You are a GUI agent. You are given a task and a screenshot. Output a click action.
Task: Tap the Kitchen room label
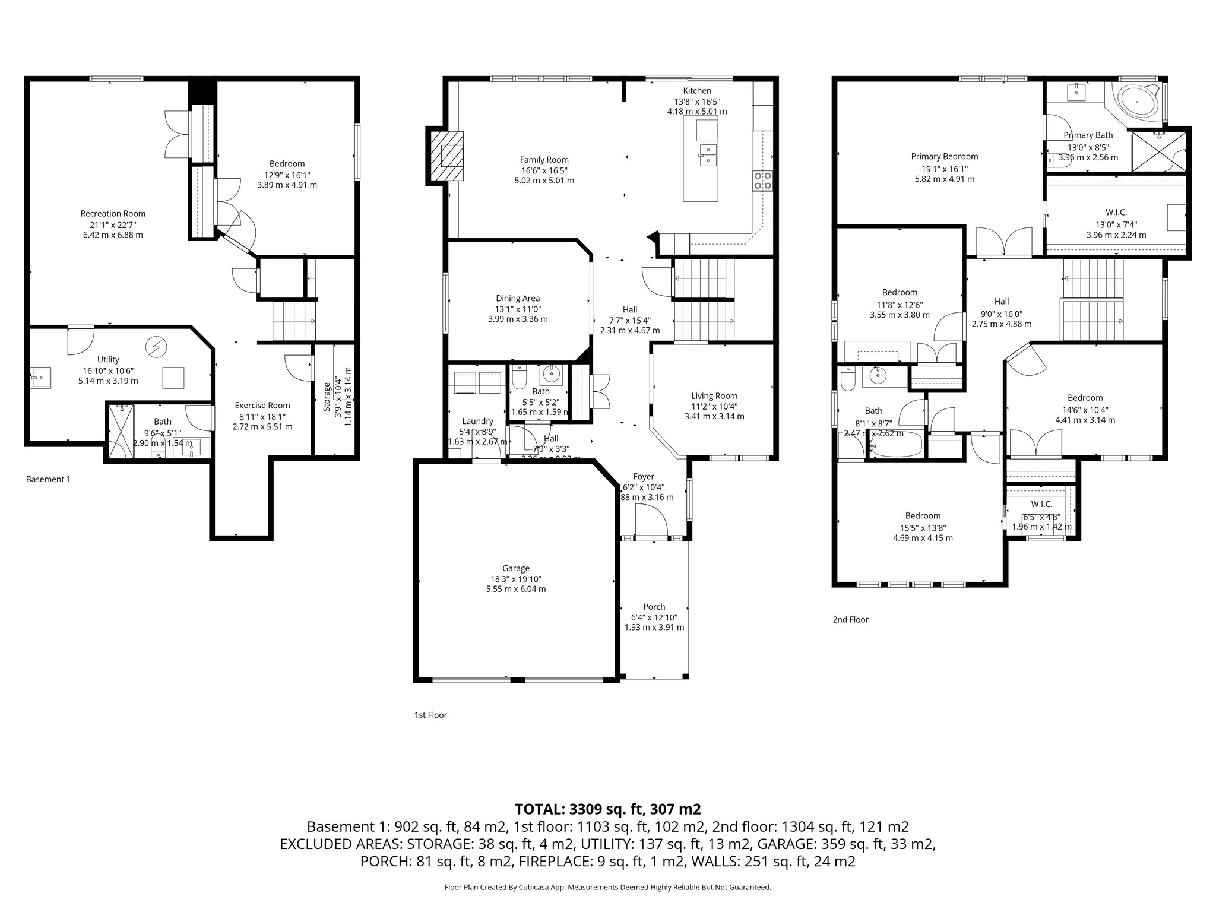(696, 91)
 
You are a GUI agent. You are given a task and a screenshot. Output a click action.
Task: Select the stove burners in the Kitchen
(762, 180)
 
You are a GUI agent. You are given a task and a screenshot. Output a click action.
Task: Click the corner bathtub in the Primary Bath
(1136, 102)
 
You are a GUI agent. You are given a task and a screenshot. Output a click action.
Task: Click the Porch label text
(654, 607)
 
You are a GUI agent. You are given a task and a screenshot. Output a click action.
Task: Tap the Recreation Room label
(113, 214)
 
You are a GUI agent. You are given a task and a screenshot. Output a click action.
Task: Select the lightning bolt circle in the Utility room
(157, 345)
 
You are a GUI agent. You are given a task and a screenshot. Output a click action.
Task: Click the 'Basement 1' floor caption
(48, 479)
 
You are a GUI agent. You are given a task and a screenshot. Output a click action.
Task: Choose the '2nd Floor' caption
(850, 619)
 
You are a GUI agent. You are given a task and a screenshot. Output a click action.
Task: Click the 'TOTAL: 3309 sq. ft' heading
(607, 809)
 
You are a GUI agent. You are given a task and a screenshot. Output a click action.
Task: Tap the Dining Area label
(518, 299)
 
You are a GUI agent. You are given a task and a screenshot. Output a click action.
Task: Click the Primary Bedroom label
(944, 157)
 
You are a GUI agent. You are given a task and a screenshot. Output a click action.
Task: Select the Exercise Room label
(262, 406)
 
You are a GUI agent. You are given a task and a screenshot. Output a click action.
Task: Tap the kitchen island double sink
(708, 154)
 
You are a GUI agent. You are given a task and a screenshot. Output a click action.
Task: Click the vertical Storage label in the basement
(327, 397)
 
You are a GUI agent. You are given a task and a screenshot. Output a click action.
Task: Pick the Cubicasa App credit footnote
(607, 887)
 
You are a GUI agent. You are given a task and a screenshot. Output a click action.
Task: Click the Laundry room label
(477, 421)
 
